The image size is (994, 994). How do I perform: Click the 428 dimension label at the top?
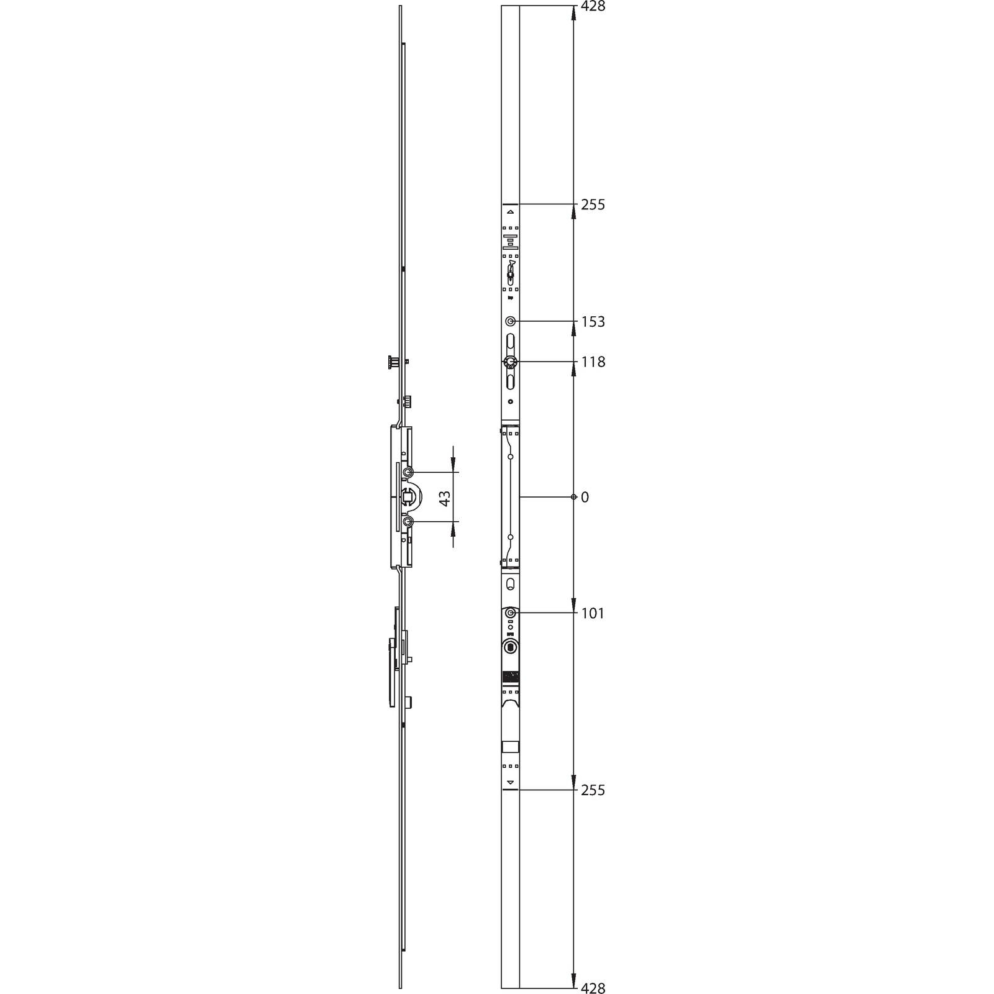pos(593,7)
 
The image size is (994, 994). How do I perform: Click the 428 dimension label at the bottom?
pos(593,988)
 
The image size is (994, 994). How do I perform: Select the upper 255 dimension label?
pos(593,204)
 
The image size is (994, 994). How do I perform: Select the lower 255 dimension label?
pos(593,790)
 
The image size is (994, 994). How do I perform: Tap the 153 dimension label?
pos(593,322)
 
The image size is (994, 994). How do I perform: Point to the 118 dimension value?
pos(593,362)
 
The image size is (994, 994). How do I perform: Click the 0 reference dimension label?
pos(585,497)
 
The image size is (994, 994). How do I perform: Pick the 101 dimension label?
pos(593,613)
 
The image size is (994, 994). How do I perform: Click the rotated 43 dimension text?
pos(445,498)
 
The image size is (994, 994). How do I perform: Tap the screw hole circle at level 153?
pos(510,321)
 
